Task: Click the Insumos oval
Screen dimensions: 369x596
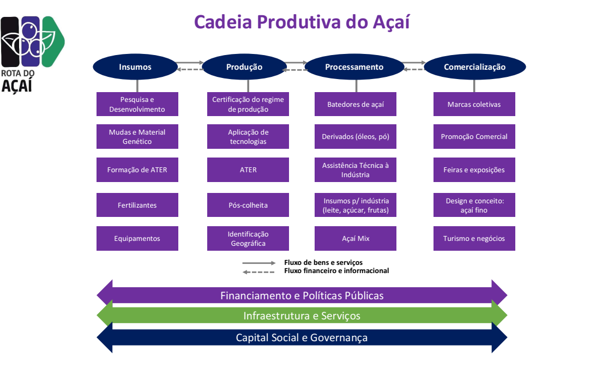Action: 135,67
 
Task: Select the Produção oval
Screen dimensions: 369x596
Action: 244,67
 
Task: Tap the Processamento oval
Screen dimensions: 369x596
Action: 354,67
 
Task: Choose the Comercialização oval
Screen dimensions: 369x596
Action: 474,67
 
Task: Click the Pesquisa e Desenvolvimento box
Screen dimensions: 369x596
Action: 137,104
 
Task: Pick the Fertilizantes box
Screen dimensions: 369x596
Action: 137,205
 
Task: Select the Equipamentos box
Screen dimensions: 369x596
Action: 137,239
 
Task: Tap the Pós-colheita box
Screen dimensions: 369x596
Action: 248,205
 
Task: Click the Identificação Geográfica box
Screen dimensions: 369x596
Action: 248,239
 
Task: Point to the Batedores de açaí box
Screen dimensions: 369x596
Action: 356,104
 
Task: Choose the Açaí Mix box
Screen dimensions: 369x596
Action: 356,239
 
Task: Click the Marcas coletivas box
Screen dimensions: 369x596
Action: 474,104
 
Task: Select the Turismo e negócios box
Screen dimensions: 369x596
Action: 474,239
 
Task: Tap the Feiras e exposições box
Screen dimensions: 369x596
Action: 474,170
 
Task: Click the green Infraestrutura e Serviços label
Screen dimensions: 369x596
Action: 302,316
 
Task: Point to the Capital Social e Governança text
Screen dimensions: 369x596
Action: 302,337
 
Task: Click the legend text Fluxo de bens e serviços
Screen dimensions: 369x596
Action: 323,263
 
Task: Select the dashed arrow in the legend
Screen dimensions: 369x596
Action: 259,271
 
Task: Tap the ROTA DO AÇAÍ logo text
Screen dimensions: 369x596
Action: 17,81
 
